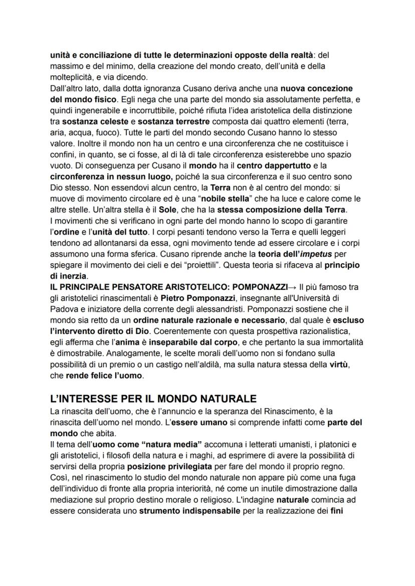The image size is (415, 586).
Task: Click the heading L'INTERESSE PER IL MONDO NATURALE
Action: [153, 399]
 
